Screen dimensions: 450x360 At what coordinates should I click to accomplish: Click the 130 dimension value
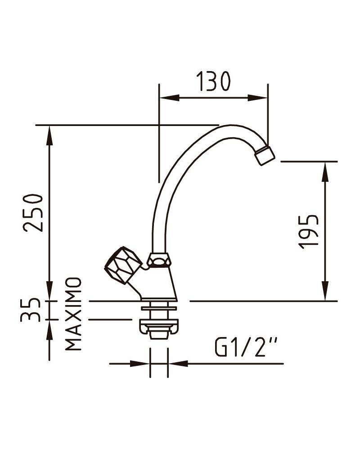pos(214,82)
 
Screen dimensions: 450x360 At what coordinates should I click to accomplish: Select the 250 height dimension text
pos(34,213)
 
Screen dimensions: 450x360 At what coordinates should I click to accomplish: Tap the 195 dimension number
pos(309,231)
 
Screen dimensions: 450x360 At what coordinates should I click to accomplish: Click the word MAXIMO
pos(73,314)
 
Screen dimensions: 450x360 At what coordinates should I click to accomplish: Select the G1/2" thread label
pos(247,348)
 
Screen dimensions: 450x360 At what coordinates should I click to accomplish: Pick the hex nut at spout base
pos(159,260)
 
